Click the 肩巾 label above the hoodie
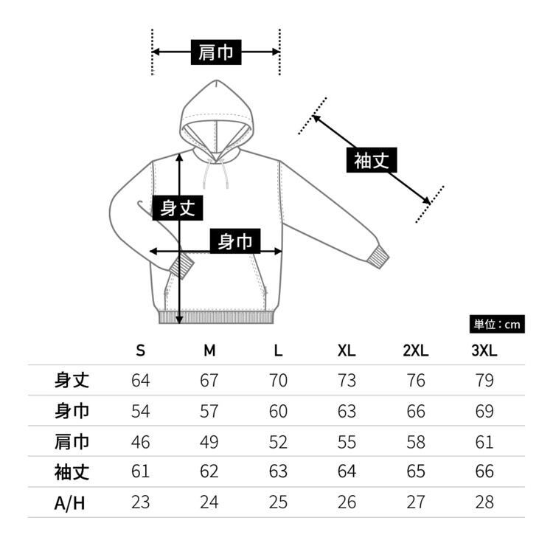216,52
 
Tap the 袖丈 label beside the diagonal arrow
371,159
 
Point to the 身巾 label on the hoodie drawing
235,241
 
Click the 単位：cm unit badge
497,324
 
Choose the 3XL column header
484,351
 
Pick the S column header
140,351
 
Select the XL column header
346,351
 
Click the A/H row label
70,502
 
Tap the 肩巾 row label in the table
72,441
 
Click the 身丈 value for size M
209,381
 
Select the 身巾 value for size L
277,411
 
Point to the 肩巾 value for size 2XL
415,442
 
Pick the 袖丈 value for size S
140,472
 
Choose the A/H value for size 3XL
484,502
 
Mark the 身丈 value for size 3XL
484,381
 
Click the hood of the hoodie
216,103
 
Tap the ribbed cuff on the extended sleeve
379,257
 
